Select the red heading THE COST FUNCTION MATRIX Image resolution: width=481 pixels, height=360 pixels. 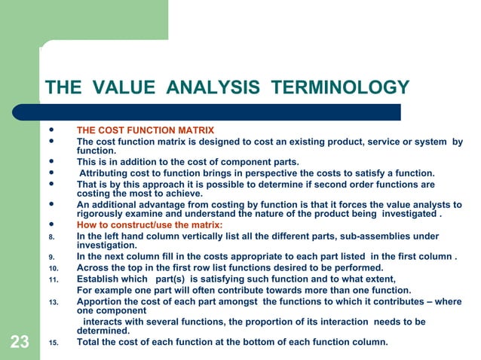point(146,130)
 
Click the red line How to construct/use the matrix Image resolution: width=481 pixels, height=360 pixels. point(149,225)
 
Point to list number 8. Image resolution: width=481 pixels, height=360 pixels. point(51,236)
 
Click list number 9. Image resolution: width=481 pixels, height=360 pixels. point(51,257)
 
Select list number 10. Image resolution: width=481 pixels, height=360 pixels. point(53,268)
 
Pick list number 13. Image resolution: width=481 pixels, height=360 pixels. point(53,302)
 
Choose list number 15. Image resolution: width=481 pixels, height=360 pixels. point(53,343)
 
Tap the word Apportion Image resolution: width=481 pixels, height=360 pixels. point(101,301)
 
